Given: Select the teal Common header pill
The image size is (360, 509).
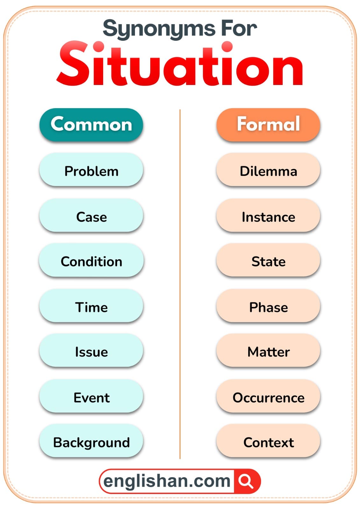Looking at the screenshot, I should (91, 124).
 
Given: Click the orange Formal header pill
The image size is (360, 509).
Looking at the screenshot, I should (268, 124).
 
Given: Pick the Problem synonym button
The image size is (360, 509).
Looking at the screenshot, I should (91, 171).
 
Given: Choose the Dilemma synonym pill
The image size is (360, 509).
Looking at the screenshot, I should (268, 171).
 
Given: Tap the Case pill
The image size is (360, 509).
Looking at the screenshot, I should (91, 217).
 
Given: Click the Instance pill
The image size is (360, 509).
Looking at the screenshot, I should (268, 217).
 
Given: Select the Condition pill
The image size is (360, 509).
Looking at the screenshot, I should (91, 261).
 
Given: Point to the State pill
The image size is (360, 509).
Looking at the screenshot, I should (268, 261).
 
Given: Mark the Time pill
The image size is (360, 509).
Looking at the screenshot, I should (91, 307).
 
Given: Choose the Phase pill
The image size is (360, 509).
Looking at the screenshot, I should (268, 307).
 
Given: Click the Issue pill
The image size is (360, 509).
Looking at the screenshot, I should (91, 352).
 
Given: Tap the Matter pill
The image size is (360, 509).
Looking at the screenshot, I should (268, 352).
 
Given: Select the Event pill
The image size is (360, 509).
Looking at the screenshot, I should (91, 398).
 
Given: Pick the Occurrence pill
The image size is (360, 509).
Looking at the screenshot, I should (268, 398).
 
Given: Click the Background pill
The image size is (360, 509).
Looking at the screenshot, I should (91, 442).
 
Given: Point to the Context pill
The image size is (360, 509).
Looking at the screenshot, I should (268, 442).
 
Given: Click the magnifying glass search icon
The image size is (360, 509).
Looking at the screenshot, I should (246, 481).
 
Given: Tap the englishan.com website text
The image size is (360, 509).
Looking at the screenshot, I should (166, 481).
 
